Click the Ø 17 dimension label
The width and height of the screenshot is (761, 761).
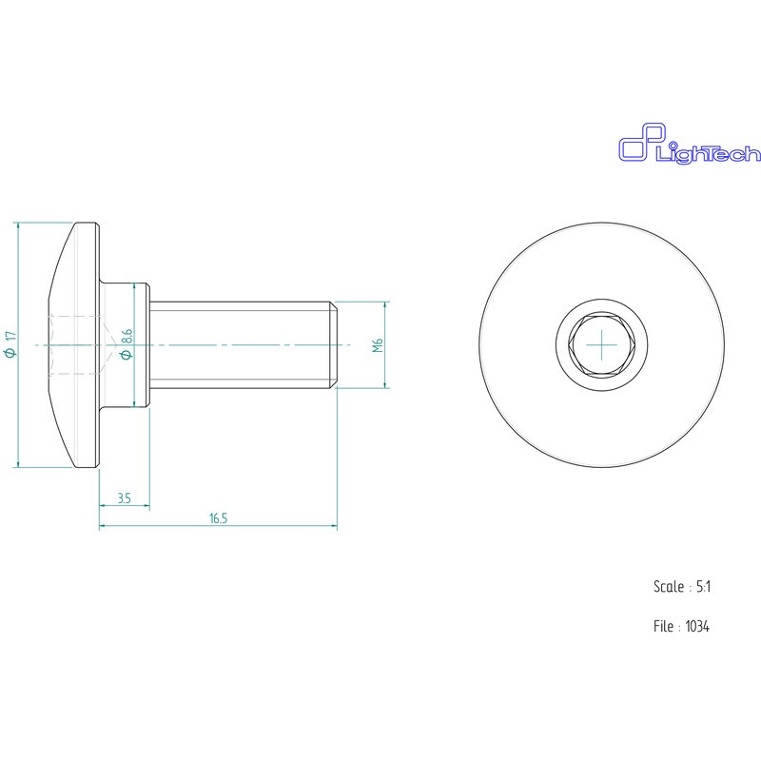(x=10, y=344)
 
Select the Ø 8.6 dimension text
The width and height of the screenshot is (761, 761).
(x=127, y=344)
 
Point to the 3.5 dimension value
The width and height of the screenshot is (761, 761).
(x=124, y=498)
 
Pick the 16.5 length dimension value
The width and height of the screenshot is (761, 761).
(x=218, y=518)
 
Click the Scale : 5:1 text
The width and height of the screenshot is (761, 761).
(x=682, y=587)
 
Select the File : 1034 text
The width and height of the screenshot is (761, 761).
(x=682, y=627)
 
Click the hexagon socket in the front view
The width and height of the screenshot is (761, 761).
(x=601, y=344)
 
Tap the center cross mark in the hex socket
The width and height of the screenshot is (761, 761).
(x=601, y=344)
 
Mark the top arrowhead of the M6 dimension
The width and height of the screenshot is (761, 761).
(x=385, y=306)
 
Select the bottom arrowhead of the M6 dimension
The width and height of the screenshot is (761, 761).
(x=385, y=383)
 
